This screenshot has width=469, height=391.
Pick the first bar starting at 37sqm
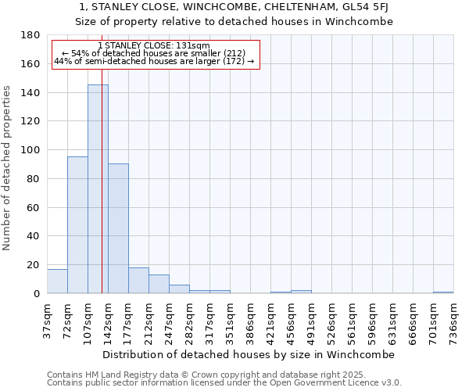tap(57, 281)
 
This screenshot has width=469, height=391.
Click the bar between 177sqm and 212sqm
tap(138, 280)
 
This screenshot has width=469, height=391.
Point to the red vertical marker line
tap(102, 195)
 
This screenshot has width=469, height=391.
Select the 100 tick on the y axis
tap(31, 150)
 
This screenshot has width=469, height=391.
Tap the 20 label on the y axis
tap(34, 265)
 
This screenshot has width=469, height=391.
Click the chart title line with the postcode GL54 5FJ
tap(234, 7)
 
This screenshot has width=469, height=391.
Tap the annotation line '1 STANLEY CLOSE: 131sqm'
tap(154, 46)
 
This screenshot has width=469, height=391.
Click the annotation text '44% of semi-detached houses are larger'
tap(154, 61)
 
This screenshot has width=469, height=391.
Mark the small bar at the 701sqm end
tap(443, 292)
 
